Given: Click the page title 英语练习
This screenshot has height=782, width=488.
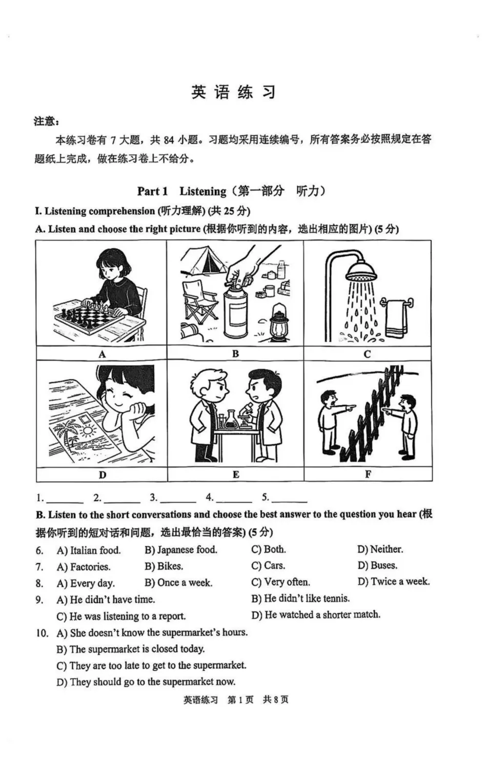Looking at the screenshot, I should (234, 92).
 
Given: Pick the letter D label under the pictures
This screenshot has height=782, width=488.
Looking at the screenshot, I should (102, 475).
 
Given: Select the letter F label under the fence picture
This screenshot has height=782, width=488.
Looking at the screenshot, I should (368, 475).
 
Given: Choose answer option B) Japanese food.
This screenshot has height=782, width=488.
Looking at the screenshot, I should (181, 550).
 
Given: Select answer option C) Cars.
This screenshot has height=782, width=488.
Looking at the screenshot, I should (268, 566).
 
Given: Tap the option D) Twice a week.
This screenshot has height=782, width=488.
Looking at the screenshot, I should (394, 582).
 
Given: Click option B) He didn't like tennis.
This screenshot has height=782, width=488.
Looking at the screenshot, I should (300, 599).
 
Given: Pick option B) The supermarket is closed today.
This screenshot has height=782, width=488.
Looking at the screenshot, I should (131, 649).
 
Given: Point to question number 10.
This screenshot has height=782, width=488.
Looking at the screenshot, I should (42, 633).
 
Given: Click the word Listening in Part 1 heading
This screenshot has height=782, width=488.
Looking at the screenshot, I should (202, 192).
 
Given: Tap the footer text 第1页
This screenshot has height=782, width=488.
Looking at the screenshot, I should (240, 700).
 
